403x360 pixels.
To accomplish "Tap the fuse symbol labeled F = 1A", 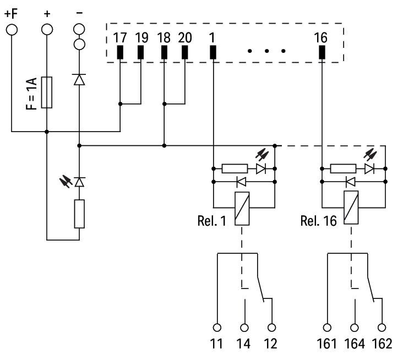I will [47, 92].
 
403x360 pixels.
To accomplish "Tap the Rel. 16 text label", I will [318, 221].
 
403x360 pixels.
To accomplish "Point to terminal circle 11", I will [217, 326].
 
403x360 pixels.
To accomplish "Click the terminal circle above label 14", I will [243, 326].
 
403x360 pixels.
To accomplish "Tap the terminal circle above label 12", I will [270, 326].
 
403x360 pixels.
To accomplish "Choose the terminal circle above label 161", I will [328, 326].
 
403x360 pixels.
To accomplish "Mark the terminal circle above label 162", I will [381, 326].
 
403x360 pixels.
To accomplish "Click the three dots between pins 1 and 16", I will [266, 51].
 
